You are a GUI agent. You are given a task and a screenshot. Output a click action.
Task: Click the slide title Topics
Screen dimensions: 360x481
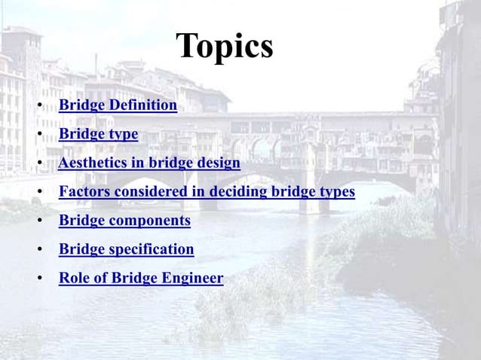coord(225,47)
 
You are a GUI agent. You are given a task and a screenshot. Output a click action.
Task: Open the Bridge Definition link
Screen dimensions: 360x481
coord(118,105)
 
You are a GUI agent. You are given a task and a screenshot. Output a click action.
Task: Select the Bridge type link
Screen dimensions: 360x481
coord(98,134)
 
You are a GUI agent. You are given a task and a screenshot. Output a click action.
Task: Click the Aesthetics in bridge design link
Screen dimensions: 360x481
coord(149,163)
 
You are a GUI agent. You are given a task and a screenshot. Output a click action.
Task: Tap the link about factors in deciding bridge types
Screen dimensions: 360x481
coord(207,191)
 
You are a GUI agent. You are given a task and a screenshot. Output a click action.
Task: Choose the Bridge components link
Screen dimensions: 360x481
coord(124,221)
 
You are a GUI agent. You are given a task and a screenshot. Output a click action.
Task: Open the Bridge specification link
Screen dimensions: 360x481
coord(126,249)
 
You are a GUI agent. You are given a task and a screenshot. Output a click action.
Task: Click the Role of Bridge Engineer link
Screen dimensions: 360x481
coord(141,278)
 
